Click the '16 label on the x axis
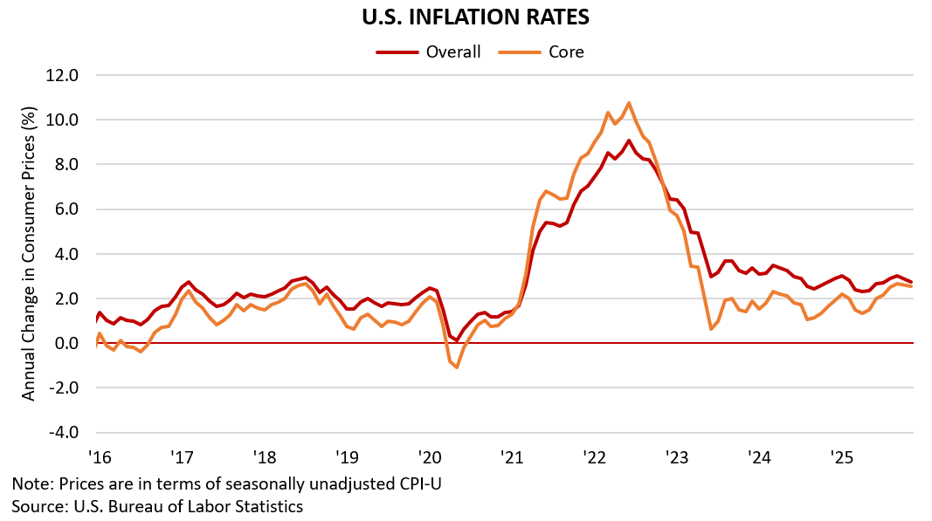click(x=99, y=457)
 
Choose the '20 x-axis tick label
click(x=430, y=457)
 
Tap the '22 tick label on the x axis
click(x=595, y=457)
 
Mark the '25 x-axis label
click(x=842, y=457)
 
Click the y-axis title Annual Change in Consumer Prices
click(x=29, y=254)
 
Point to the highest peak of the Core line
click(x=629, y=103)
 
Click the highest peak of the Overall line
click(x=629, y=141)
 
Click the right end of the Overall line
click(x=912, y=282)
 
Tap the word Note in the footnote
click(x=30, y=483)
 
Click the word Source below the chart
click(x=36, y=505)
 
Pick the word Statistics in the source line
click(x=267, y=505)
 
